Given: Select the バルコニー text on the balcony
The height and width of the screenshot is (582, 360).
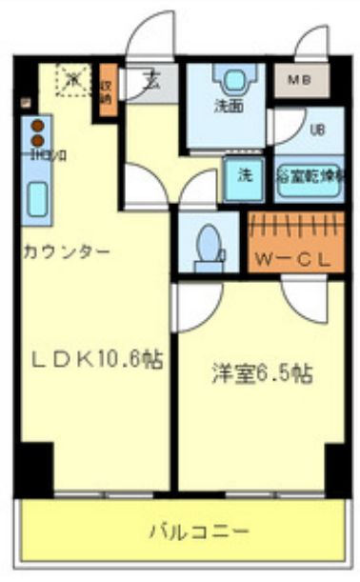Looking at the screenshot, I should coord(200,532).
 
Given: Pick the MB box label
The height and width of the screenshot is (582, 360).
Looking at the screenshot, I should coord(298,80).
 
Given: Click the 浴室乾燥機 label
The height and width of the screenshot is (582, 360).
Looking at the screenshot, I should coord(310,174).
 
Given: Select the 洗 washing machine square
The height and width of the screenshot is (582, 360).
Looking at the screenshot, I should coord(245,175).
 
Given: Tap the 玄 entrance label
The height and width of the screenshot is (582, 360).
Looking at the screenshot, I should coord(151,81).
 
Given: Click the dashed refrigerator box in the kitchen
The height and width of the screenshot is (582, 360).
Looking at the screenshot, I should coord(71,80).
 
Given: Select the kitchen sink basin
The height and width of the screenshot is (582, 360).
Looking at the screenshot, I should coord(37,199).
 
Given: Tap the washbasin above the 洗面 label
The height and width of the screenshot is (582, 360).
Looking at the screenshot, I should coord(230,79).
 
